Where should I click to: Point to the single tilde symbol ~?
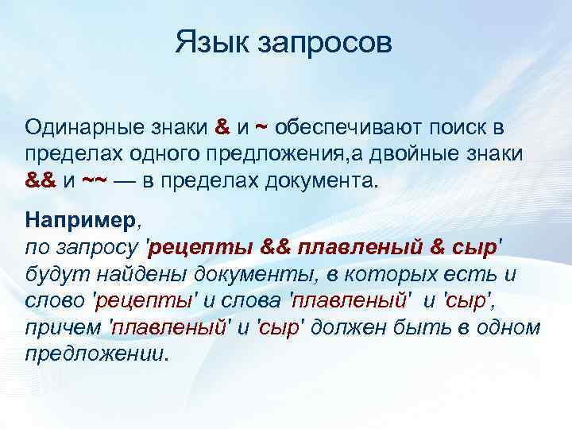261,127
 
